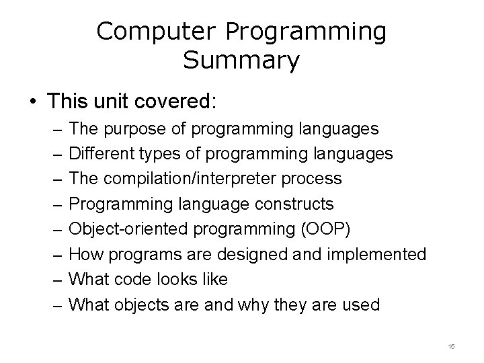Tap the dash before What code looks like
(57, 280)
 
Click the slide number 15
(451, 346)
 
